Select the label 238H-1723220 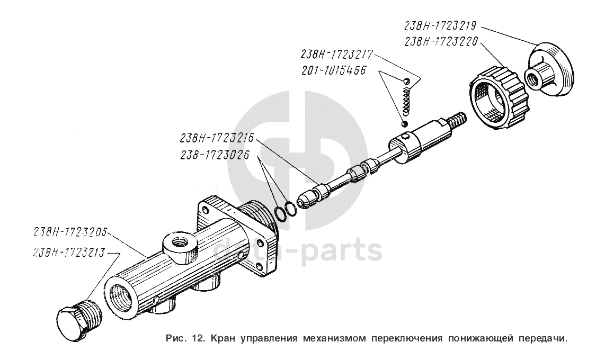[441, 41]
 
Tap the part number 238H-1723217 [337, 55]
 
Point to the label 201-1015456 [334, 70]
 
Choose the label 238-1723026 [216, 155]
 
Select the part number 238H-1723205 [70, 232]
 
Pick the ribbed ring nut [499, 97]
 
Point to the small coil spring [407, 101]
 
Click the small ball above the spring [406, 82]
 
